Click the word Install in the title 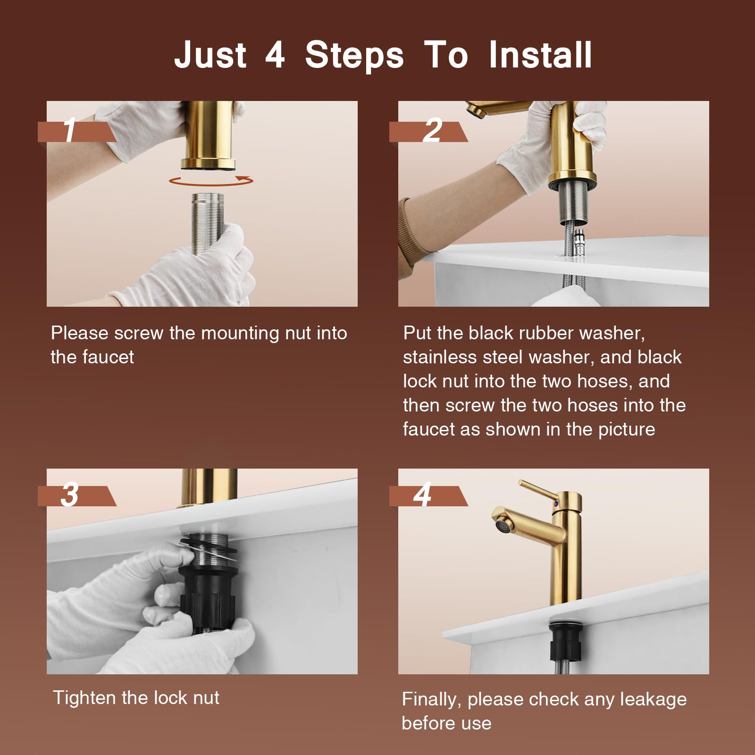coord(540,55)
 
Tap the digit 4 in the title coord(275,55)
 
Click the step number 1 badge coord(77,131)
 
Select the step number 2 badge coord(428,131)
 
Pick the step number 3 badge coord(77,496)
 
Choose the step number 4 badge coord(428,496)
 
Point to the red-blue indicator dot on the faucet coord(556,505)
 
